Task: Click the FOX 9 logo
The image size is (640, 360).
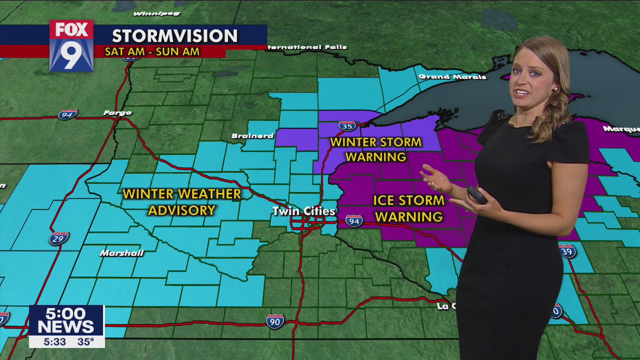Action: [x=71, y=45]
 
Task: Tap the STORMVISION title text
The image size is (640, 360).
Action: [x=174, y=36]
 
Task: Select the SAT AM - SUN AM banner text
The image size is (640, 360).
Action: [x=152, y=51]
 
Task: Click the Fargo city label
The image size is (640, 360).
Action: [x=117, y=113]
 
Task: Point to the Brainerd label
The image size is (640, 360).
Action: [x=252, y=136]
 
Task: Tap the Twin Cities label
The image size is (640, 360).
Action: [x=303, y=211]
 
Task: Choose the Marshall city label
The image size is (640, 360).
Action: [x=121, y=253]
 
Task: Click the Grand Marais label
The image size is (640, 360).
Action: [x=452, y=77]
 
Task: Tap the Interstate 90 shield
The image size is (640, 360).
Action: [x=274, y=321]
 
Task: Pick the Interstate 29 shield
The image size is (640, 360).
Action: [x=58, y=238]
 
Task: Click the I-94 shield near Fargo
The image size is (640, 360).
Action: [x=67, y=114]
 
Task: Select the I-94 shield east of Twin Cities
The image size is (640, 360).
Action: [x=354, y=220]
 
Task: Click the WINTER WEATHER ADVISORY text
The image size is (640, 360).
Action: [x=181, y=202]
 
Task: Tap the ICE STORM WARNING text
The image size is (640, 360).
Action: [x=408, y=208]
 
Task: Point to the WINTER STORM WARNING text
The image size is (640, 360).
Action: [x=375, y=149]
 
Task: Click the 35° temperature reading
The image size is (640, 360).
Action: [x=85, y=342]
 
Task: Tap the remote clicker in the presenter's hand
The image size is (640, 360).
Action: [x=476, y=194]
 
